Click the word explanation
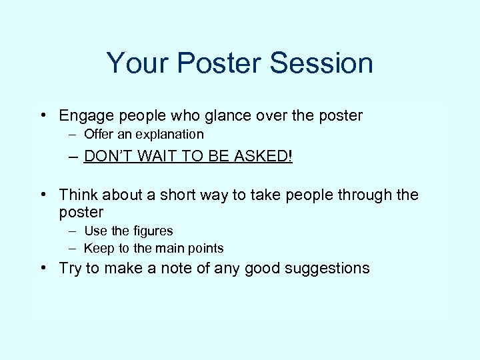(170, 135)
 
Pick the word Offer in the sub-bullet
(97, 135)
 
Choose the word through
(366, 195)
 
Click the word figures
(151, 231)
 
